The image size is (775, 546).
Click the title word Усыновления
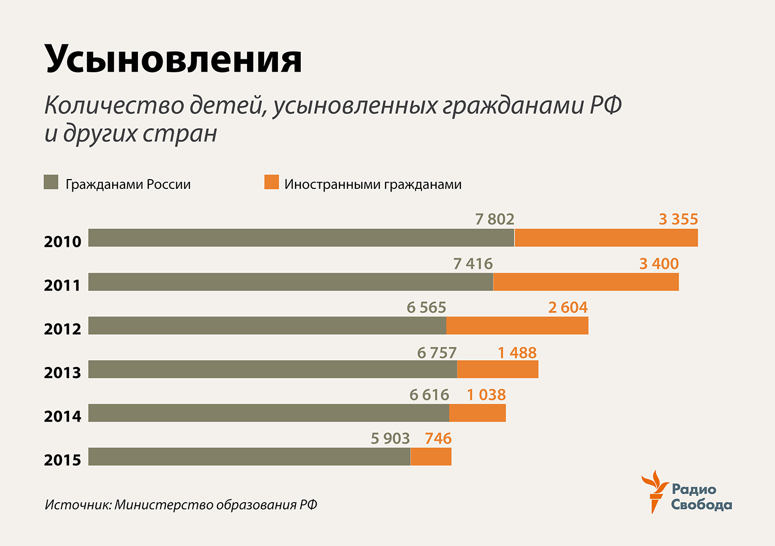pos(174,58)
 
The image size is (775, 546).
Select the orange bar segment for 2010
pos(606,238)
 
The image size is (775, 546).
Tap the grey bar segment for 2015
pos(249,457)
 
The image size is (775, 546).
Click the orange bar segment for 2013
pos(498,370)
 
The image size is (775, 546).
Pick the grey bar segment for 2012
pos(267,326)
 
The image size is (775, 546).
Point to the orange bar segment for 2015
pos(431,457)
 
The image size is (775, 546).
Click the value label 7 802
pos(494,219)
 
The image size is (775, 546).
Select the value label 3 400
pos(659,264)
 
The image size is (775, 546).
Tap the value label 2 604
pos(568,308)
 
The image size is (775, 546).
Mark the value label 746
pos(438,439)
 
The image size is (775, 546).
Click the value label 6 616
pos(429,395)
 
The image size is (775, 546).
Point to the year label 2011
pos(63,285)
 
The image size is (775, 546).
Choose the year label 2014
pos(63,416)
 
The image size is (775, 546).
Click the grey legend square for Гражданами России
pos(51,182)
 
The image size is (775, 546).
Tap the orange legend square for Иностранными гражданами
pos(271,182)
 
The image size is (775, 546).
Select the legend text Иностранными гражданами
pos(373,184)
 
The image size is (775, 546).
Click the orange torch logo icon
pos(654,490)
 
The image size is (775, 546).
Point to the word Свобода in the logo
pos(701,505)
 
